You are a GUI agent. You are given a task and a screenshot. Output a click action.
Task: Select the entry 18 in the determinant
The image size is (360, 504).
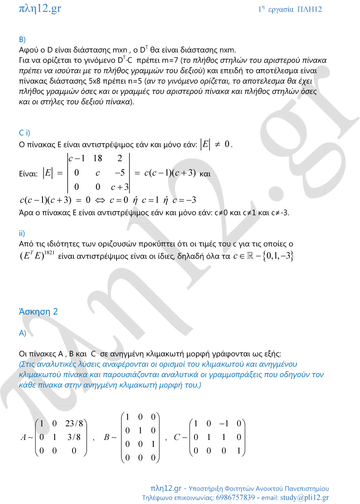[98, 158]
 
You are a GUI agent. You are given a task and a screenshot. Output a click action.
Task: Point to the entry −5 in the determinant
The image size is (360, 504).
[120, 173]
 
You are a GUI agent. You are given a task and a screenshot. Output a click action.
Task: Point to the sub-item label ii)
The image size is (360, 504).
[22, 233]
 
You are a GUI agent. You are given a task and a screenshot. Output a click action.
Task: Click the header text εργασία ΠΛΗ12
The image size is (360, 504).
[295, 9]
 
